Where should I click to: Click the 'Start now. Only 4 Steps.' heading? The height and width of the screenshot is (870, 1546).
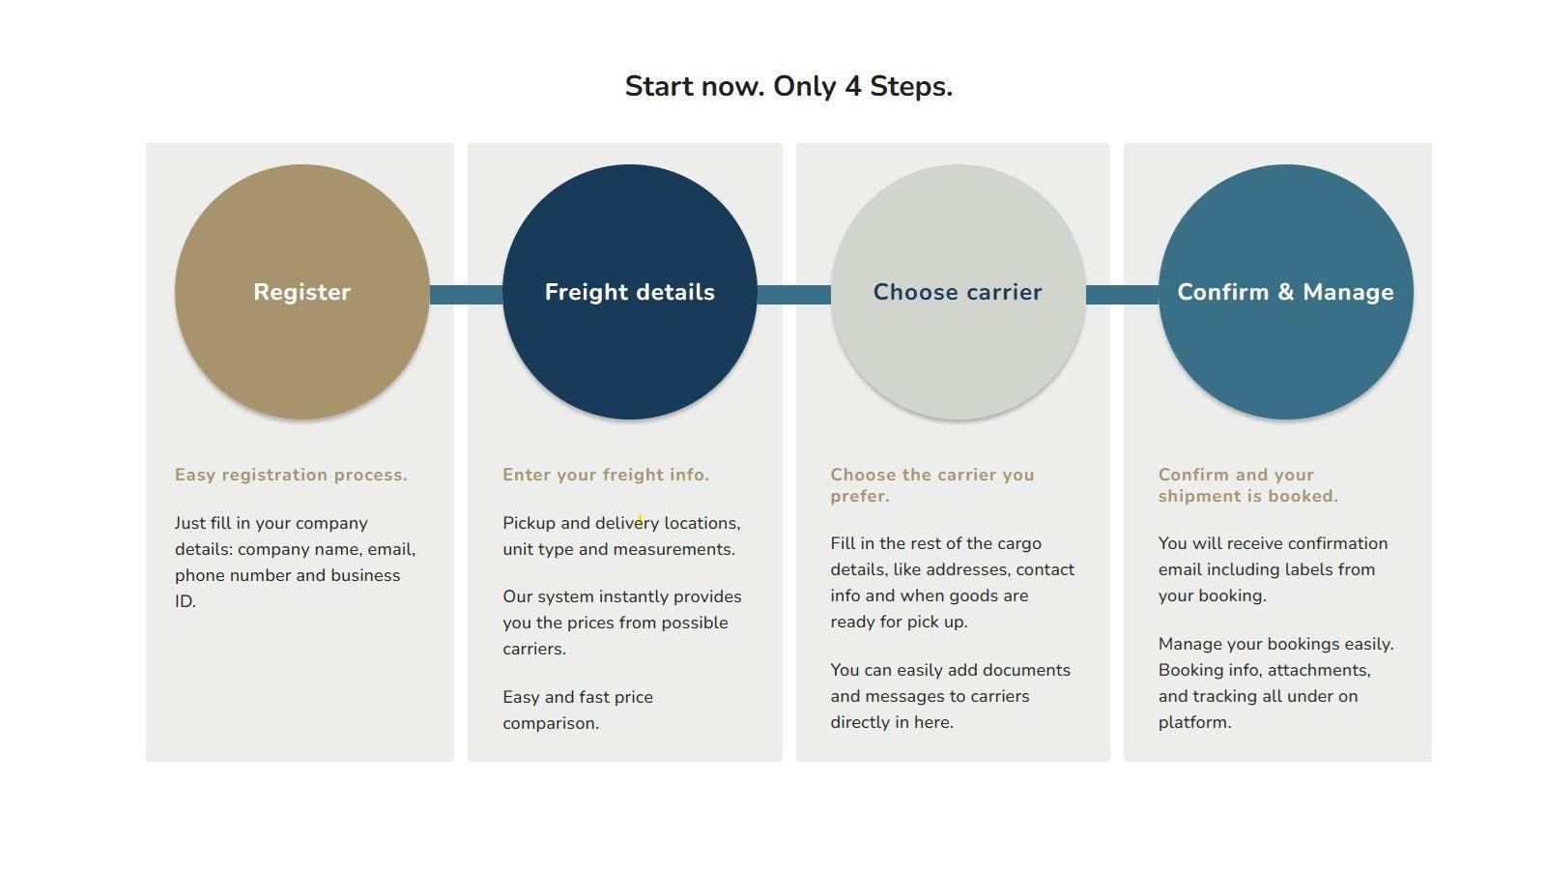pos(788,86)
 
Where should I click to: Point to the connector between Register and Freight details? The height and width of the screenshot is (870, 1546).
pos(466,294)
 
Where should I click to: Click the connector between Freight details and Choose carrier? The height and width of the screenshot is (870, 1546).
pos(793,294)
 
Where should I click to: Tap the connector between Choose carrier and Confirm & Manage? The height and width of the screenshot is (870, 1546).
pos(1122,294)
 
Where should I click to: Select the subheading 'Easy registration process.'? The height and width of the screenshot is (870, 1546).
pos(291,475)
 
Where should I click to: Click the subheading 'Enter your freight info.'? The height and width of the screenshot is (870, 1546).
pos(606,475)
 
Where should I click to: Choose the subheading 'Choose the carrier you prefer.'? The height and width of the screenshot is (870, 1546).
pos(931,485)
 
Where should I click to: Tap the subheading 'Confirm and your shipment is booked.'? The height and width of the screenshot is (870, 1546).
pos(1247,485)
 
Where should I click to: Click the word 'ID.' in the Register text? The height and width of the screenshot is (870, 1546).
pos(186,601)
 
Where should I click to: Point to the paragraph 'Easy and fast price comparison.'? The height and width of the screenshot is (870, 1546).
pos(578,710)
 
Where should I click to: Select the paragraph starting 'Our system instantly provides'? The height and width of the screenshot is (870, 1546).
pos(621,623)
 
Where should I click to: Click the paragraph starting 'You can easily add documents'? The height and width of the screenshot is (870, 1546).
pos(950,696)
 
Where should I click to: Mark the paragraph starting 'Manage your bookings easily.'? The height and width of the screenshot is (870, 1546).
pos(1275,682)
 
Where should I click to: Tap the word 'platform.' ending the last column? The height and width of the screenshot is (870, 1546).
pos(1194,722)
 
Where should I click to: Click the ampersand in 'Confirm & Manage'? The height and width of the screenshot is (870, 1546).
pos(1285,292)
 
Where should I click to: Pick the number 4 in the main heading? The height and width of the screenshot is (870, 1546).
pos(852,86)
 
